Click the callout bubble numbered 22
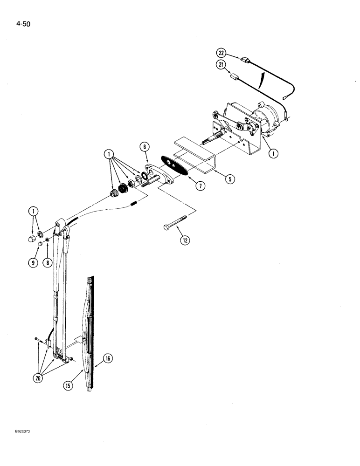coord(221,52)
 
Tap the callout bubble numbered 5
coord(228,178)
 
